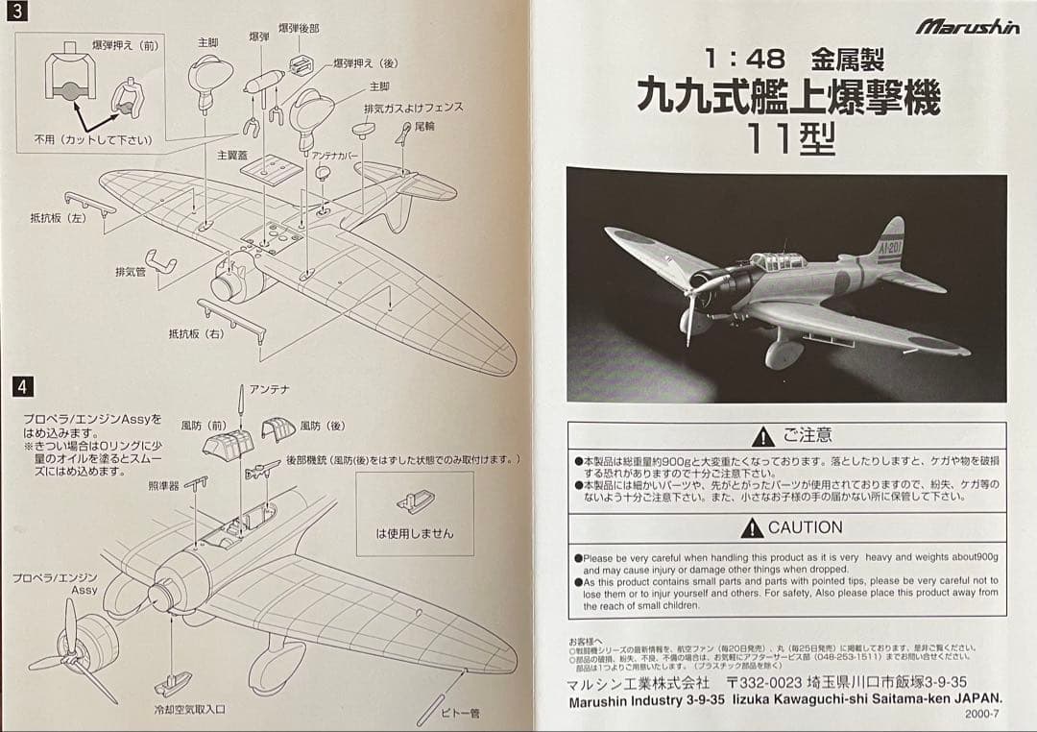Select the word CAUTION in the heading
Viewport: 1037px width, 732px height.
(805, 527)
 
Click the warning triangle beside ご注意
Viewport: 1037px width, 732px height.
(763, 437)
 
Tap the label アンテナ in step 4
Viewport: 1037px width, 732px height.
(269, 389)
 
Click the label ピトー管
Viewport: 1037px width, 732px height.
(460, 713)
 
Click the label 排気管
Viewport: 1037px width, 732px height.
(130, 272)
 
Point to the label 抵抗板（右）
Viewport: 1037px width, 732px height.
(196, 333)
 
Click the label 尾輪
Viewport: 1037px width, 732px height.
(423, 125)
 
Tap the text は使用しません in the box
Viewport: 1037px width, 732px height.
(415, 533)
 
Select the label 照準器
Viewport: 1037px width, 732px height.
(164, 486)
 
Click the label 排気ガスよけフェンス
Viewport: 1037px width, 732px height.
(413, 108)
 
